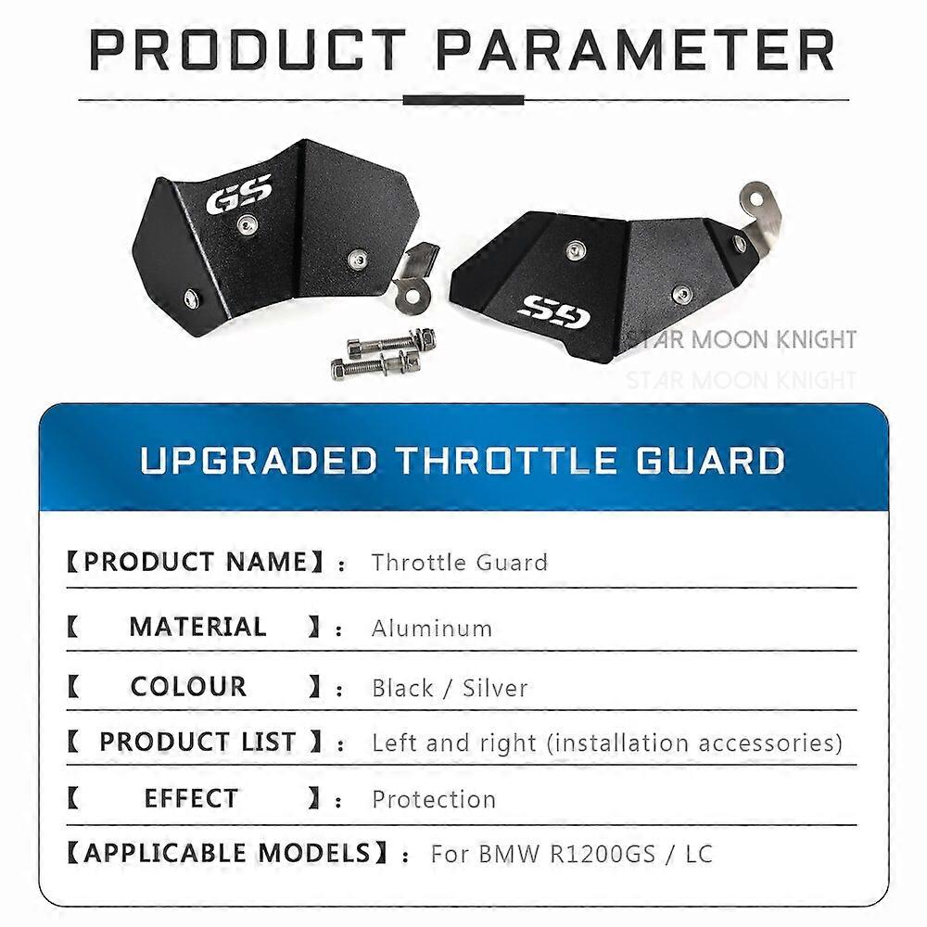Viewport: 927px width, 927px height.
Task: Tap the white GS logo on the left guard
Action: click(x=239, y=193)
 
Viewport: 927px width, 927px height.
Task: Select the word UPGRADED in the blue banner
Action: click(x=259, y=461)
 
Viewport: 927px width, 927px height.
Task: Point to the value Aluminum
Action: click(x=431, y=629)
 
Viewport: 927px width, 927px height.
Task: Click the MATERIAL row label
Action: click(x=197, y=627)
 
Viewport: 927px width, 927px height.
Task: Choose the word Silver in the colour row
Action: click(x=495, y=688)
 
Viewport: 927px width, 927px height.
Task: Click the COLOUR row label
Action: click(x=189, y=687)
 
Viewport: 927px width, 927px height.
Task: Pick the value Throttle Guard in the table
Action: click(x=459, y=562)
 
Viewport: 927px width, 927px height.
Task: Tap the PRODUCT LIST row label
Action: click(x=197, y=742)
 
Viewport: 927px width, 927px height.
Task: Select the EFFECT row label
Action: click(x=191, y=798)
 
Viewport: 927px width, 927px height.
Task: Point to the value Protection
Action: click(x=434, y=799)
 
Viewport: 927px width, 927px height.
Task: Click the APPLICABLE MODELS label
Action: click(x=227, y=853)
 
